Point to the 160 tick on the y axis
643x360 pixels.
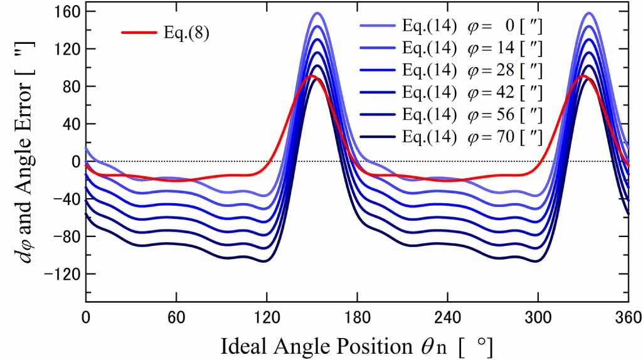(65, 11)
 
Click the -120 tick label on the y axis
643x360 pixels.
(62, 274)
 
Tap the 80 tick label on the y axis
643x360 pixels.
(69, 87)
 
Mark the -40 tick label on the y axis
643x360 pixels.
(65, 199)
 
